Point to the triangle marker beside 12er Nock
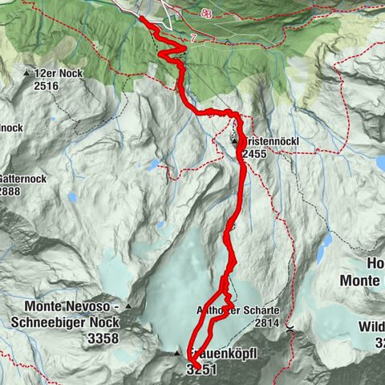coord(27,73)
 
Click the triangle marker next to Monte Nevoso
coord(128,306)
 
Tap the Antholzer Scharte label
coord(241,310)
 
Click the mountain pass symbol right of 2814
coord(289,326)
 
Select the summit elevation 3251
coord(201,370)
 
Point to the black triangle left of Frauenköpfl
coord(177,353)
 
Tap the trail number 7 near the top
coord(193,37)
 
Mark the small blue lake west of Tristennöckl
coord(152,164)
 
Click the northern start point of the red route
coord(142,18)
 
